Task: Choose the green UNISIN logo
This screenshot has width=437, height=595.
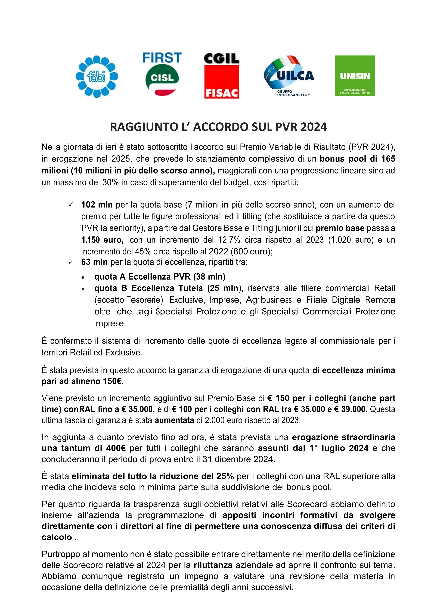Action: pos(355,76)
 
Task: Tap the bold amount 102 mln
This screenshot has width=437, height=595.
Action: pos(97,204)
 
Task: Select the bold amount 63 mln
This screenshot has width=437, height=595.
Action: pos(94,262)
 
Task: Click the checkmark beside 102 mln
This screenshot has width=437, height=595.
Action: pos(71,204)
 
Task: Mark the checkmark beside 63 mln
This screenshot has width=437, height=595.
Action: pos(71,262)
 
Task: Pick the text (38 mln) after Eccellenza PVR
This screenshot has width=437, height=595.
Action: pos(209,277)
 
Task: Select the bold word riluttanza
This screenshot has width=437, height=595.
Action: pos(213,565)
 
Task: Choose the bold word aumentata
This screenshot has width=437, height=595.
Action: pos(174,420)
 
